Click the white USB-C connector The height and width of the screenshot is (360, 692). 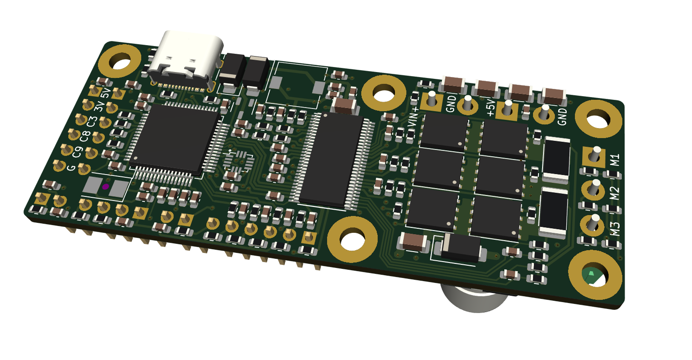(185, 60)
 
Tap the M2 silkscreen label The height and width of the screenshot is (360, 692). (615, 193)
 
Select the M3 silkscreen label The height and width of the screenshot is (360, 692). (615, 229)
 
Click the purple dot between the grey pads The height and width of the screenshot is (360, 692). (106, 187)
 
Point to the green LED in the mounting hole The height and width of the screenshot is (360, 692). (591, 276)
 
